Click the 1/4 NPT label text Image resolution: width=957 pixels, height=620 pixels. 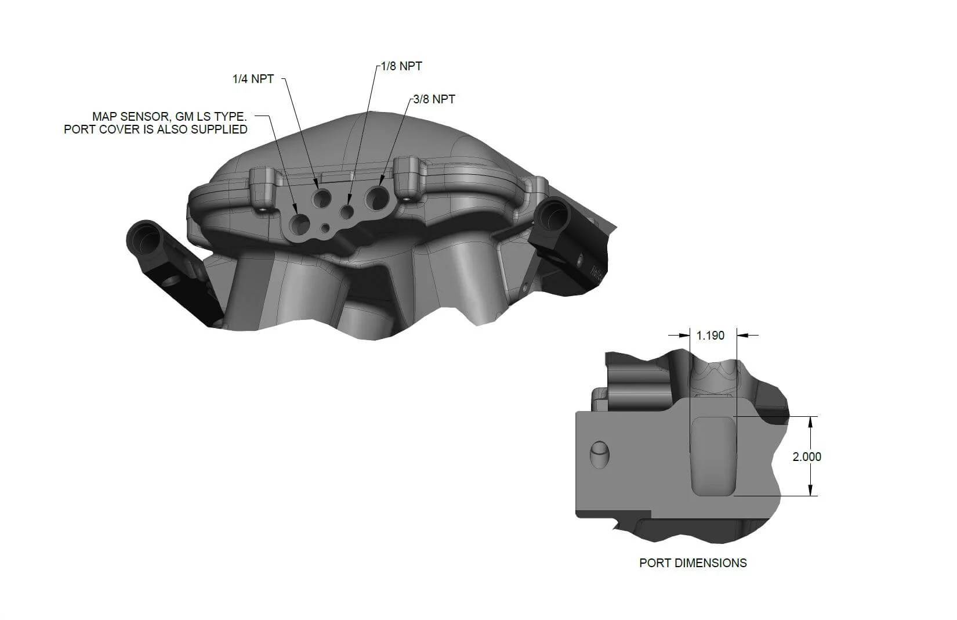[253, 79]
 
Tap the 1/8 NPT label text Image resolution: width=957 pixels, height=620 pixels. [401, 66]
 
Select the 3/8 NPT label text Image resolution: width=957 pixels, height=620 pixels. [434, 99]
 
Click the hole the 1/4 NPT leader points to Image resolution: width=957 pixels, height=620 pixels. [321, 199]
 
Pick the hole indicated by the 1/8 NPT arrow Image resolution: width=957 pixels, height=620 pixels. [347, 212]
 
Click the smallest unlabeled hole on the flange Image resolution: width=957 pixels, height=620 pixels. [325, 227]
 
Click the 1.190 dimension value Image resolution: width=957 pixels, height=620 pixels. [710, 336]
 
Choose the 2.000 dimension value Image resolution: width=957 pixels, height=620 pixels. [807, 457]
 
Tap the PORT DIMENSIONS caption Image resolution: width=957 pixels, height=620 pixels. [693, 563]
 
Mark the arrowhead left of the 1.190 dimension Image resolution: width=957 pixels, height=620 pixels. [684, 335]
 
